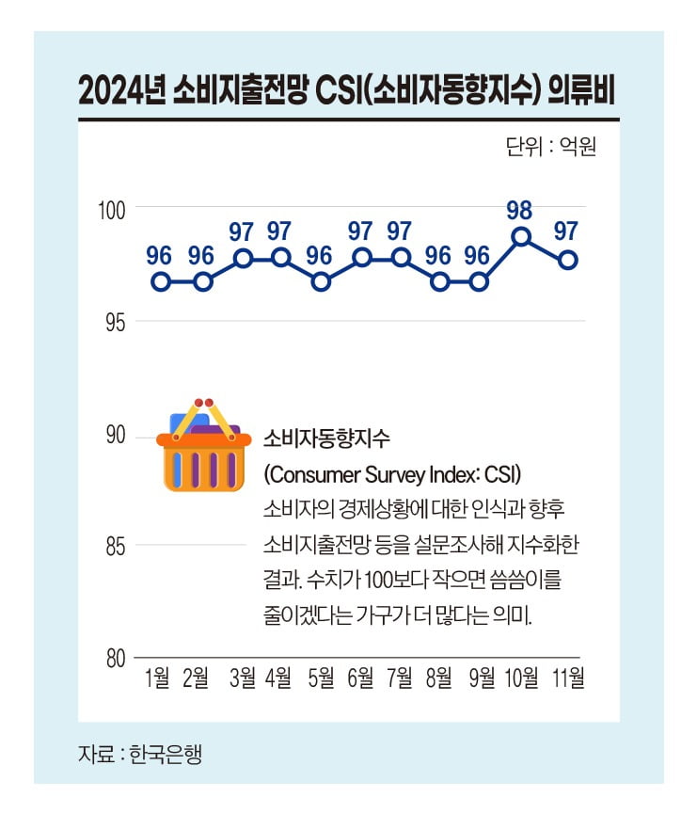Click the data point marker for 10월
pyautogui.click(x=521, y=236)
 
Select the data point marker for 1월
pyautogui.click(x=161, y=281)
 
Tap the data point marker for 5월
pyautogui.click(x=321, y=281)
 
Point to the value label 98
pyautogui.click(x=520, y=209)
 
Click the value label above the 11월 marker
pyautogui.click(x=566, y=231)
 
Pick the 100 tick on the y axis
pyautogui.click(x=113, y=208)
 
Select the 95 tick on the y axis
pyautogui.click(x=115, y=322)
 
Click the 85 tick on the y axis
pyautogui.click(x=115, y=546)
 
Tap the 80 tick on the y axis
pyautogui.click(x=115, y=658)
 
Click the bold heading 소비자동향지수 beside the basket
pyautogui.click(x=326, y=438)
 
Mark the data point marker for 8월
pyautogui.click(x=439, y=281)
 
